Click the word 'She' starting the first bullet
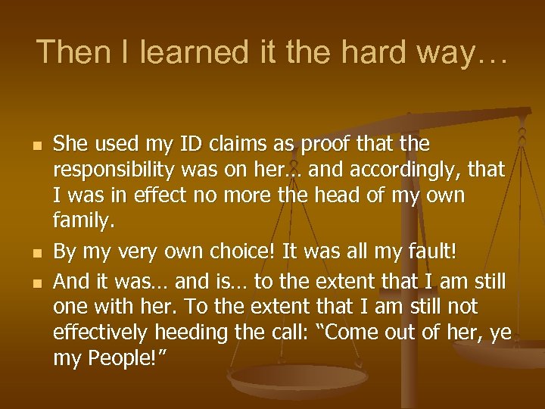(72, 144)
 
